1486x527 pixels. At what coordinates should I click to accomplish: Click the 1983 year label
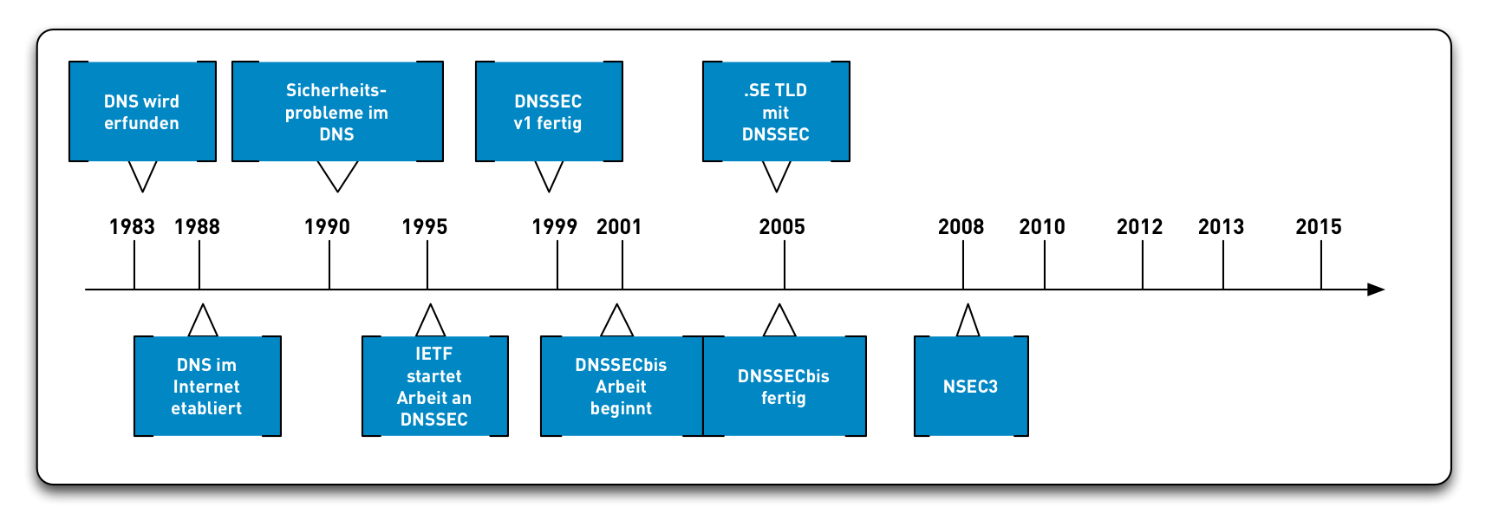point(132,227)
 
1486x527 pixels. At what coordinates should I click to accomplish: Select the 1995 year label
point(425,227)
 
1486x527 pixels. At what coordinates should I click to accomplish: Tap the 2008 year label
point(961,227)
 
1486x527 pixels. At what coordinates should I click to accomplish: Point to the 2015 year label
point(1319,227)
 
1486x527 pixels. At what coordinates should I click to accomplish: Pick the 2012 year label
point(1139,227)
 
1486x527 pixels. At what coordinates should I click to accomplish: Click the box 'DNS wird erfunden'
point(142,112)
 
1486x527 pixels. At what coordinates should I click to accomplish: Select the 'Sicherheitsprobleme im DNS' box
point(337,112)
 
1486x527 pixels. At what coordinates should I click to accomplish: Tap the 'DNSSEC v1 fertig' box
point(549,112)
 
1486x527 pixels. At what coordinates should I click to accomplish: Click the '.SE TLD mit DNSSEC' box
point(776,112)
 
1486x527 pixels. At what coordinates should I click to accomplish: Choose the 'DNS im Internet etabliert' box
point(207,387)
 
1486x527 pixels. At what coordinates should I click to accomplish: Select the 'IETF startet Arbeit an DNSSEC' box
point(434,387)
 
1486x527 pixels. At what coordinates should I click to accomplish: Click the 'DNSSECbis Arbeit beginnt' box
point(621,387)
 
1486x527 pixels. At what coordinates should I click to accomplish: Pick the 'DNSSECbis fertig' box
point(784,387)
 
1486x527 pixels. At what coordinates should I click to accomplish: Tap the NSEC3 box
point(971,387)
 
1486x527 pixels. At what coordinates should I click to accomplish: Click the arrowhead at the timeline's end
point(1376,290)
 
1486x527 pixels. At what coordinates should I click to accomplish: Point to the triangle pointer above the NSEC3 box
point(968,322)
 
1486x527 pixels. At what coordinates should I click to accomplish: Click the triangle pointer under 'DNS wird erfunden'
point(142,174)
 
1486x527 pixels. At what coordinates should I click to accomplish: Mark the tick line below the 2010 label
point(1045,264)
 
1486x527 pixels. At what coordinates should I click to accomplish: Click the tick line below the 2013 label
point(1223,264)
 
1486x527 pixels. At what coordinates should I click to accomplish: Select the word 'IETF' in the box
point(434,354)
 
